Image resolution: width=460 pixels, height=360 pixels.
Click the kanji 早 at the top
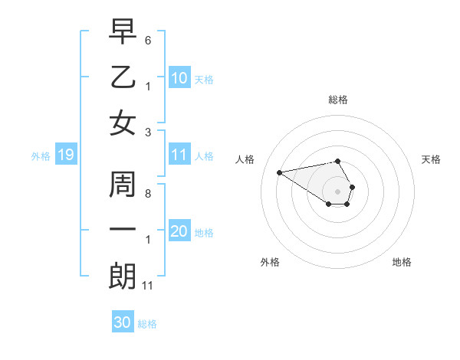(x=123, y=31)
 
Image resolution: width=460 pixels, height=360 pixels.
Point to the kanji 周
(x=123, y=185)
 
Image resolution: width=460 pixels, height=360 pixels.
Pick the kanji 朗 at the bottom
(x=123, y=277)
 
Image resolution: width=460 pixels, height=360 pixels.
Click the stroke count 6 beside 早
(x=148, y=38)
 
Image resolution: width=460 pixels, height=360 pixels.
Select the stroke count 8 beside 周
(x=148, y=193)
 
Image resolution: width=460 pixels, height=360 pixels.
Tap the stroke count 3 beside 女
(x=148, y=131)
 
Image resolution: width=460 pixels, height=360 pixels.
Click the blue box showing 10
(x=179, y=78)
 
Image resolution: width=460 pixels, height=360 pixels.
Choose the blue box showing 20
(x=179, y=232)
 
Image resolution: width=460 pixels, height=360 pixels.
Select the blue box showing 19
(x=65, y=155)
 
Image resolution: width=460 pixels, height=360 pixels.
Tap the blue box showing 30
(x=123, y=322)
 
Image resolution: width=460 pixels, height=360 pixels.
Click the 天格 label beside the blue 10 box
(x=203, y=80)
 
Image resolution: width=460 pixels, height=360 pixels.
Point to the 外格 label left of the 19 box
(x=41, y=156)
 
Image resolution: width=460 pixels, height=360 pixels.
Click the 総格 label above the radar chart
(x=338, y=100)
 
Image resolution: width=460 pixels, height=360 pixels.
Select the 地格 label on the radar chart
(x=402, y=262)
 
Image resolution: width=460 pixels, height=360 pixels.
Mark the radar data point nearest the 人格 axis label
(x=279, y=172)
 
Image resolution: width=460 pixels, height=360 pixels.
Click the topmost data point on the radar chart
(x=337, y=161)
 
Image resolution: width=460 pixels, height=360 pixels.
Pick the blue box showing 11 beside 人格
(x=179, y=155)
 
